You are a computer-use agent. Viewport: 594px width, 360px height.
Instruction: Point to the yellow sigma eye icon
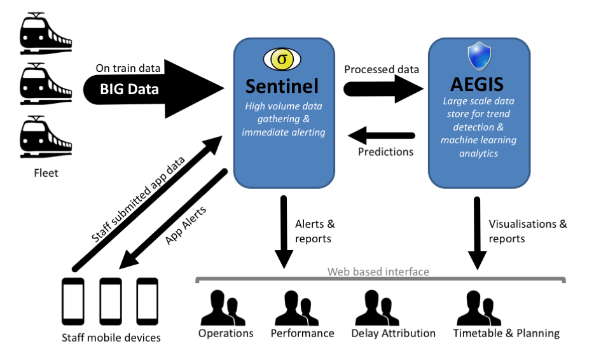280,59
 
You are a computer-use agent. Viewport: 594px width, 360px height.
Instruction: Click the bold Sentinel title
283,85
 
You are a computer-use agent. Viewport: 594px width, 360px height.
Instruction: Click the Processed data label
382,69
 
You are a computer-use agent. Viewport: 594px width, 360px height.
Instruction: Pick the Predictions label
385,151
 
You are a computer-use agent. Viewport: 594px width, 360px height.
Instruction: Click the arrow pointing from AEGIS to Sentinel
382,135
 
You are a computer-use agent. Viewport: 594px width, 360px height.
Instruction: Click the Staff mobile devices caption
111,337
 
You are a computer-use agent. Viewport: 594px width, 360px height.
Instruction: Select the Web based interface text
378,272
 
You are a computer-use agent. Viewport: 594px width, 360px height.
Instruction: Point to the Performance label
302,333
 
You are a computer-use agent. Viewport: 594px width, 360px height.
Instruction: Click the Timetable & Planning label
506,333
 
